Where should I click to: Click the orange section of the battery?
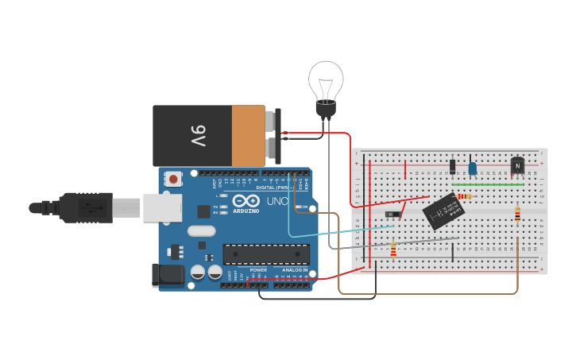pos(249,136)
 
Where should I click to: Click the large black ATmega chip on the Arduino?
pos(266,254)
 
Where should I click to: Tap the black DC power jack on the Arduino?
pos(167,275)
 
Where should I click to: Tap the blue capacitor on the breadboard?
pos(473,168)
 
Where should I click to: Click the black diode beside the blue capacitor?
pos(453,167)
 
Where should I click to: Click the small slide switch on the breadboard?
pos(393,214)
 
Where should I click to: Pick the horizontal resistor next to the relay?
pos(465,196)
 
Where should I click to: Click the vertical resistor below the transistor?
pos(518,215)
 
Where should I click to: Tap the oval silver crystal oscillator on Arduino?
pos(201,231)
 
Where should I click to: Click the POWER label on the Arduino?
pos(258,270)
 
